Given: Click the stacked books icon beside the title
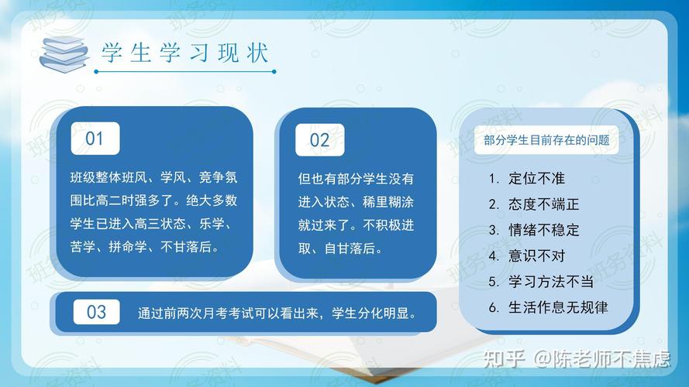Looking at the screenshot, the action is (64, 54).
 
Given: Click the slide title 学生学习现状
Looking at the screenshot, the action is (185, 53).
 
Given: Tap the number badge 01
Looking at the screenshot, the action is (95, 139).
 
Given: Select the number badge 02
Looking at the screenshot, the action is (319, 140).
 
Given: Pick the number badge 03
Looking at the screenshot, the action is (96, 312).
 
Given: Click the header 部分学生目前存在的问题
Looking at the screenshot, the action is (546, 140).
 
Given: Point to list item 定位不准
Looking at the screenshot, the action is (536, 178).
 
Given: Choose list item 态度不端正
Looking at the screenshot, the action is (543, 204).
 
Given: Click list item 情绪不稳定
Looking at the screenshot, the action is (543, 230).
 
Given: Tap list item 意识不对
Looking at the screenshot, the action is (536, 255).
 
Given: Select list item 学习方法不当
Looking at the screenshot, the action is (550, 281).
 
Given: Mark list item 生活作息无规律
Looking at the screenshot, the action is (558, 307).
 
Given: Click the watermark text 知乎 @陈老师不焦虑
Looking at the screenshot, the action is (577, 358).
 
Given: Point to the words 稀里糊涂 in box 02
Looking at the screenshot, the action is (388, 202).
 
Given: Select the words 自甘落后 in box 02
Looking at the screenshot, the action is (350, 248).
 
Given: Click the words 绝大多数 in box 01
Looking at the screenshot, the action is (212, 200).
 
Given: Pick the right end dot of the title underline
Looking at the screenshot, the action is (274, 71).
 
